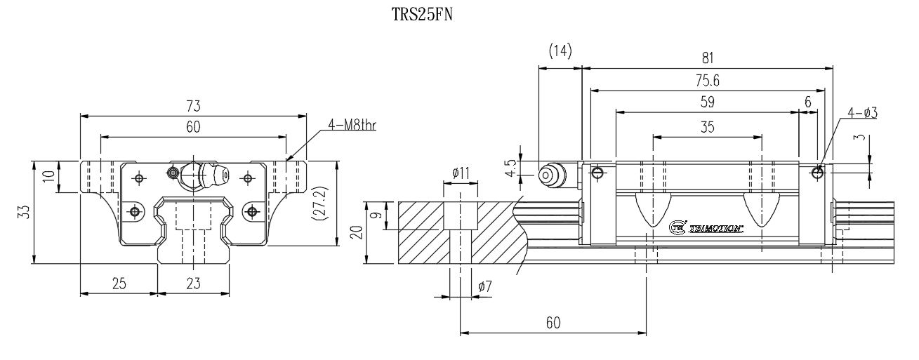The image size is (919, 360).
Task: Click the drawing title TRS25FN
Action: point(422,15)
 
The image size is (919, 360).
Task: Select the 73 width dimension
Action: point(194,107)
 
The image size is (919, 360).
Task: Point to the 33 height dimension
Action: point(23,213)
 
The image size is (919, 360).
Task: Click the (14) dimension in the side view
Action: point(560,51)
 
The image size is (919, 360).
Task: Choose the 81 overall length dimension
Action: point(707,60)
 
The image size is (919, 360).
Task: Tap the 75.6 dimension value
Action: point(707,81)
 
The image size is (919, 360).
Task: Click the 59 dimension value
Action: point(707,102)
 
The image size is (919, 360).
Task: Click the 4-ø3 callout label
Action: point(863,112)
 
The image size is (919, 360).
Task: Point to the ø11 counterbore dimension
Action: point(459,172)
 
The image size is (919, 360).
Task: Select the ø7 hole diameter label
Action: point(484,286)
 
